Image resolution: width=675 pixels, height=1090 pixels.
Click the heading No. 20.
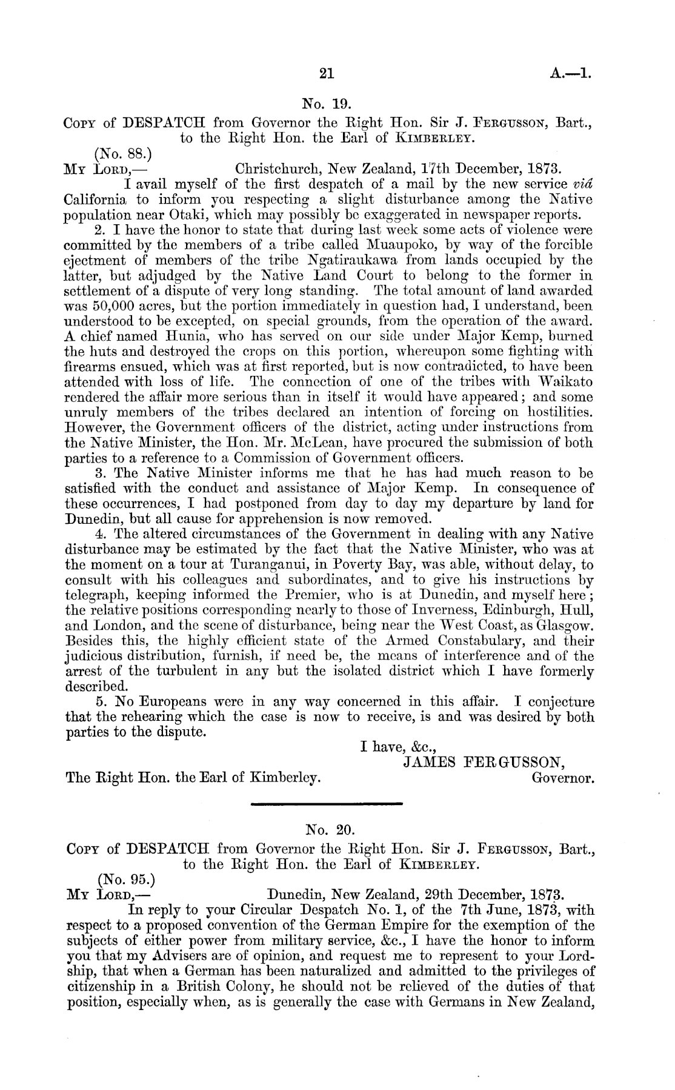point(326,829)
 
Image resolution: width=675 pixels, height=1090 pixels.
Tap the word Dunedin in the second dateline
point(298,894)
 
